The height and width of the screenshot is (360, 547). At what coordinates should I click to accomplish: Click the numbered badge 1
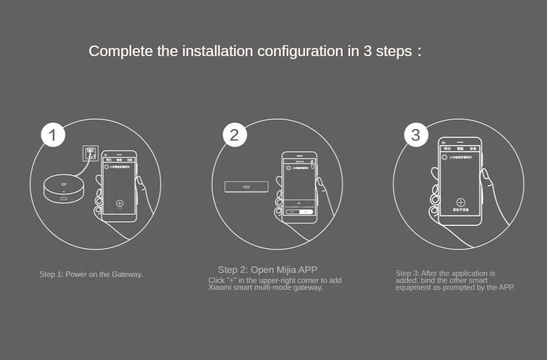pyautogui.click(x=53, y=135)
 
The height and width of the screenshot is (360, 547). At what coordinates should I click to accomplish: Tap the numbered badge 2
pyautogui.click(x=234, y=135)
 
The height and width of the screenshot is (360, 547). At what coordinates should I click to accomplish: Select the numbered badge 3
pyautogui.click(x=416, y=135)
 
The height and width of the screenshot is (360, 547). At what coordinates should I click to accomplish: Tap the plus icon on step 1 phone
pyautogui.click(x=119, y=203)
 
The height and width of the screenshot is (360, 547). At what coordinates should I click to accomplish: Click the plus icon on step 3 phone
pyautogui.click(x=461, y=202)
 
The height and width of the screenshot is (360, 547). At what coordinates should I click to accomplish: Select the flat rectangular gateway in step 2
pyautogui.click(x=245, y=187)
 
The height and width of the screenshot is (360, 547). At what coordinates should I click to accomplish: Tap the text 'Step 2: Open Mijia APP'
pyautogui.click(x=267, y=270)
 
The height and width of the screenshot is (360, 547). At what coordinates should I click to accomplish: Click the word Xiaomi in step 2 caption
pyautogui.click(x=220, y=287)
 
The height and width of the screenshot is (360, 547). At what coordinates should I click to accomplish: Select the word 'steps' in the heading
pyautogui.click(x=394, y=51)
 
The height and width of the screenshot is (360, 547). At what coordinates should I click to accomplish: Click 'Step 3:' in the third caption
pyautogui.click(x=407, y=273)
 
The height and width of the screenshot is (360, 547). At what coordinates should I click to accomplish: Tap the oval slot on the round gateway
pyautogui.click(x=64, y=199)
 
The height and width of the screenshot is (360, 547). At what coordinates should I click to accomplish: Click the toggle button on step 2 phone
pyautogui.click(x=300, y=212)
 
